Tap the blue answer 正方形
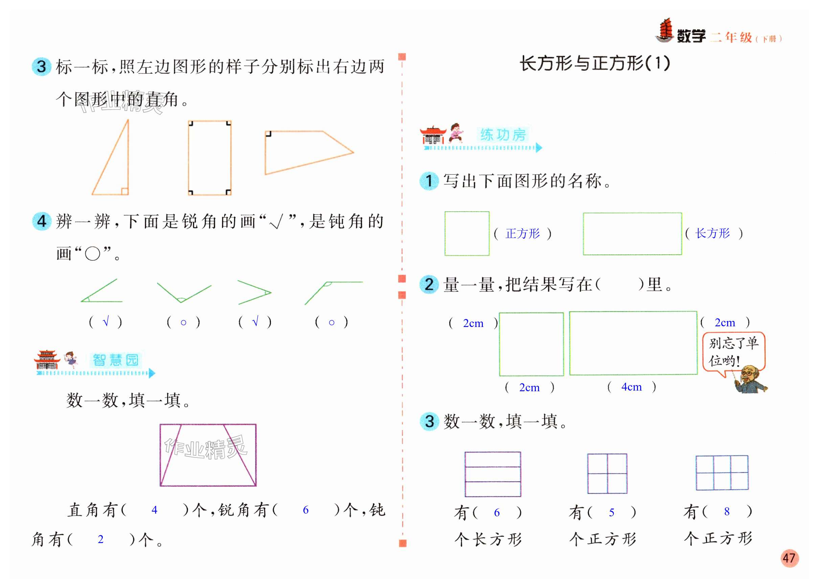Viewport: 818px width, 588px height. [522, 234]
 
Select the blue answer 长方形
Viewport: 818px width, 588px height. [712, 233]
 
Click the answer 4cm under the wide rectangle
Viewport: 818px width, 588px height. [631, 387]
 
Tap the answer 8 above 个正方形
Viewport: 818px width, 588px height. [727, 511]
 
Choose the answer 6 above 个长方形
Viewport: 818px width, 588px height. [497, 512]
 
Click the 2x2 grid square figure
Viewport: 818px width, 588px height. [607, 473]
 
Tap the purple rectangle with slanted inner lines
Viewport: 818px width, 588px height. [208, 455]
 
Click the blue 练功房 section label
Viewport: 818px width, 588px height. [502, 135]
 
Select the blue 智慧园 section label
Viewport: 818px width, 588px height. [115, 360]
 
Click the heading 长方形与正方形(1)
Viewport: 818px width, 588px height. [594, 64]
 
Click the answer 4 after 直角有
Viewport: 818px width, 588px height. [154, 510]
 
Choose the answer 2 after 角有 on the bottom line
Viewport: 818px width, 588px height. [100, 539]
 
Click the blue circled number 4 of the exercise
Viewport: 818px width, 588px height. [42, 221]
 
